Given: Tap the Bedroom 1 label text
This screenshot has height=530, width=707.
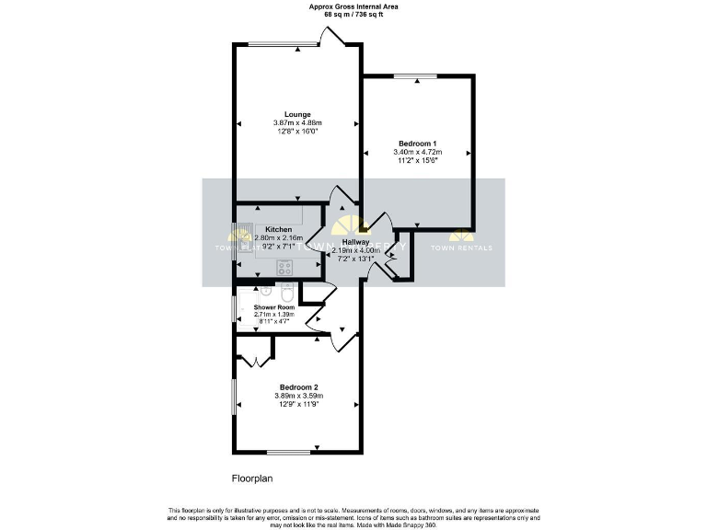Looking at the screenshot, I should (x=417, y=143).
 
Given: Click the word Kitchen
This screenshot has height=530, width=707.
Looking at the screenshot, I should (x=279, y=229).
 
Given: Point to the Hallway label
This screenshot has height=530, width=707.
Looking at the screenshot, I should (x=356, y=241).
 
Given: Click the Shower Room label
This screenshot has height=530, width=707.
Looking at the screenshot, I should (x=272, y=306).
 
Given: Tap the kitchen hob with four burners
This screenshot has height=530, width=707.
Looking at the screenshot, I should (x=285, y=268).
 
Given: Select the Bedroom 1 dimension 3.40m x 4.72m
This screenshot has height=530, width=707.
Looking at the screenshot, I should (x=417, y=151).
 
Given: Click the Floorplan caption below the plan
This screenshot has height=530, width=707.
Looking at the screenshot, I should (x=251, y=478).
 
